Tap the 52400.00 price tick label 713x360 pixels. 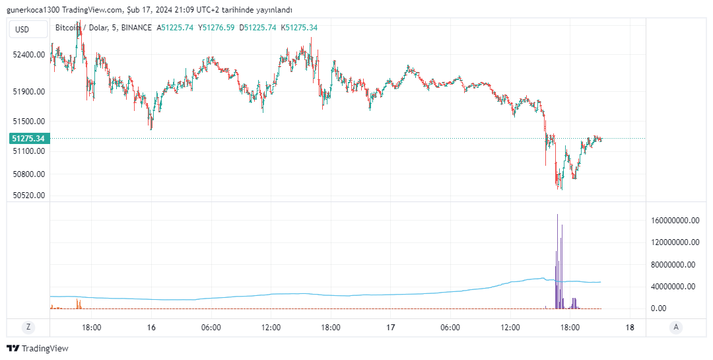click(28, 54)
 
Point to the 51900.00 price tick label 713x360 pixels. click(28, 92)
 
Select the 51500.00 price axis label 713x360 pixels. click(28, 122)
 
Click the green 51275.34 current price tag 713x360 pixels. click(28, 139)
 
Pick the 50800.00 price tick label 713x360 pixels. click(28, 174)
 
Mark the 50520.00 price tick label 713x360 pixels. click(28, 196)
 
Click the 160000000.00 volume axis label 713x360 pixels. click(674, 221)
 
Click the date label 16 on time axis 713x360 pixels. click(151, 327)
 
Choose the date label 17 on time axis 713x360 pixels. click(390, 327)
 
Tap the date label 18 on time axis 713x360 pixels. click(629, 327)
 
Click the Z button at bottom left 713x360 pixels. click(28, 327)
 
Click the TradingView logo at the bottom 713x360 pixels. click(38, 348)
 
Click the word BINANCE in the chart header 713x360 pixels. click(137, 27)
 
